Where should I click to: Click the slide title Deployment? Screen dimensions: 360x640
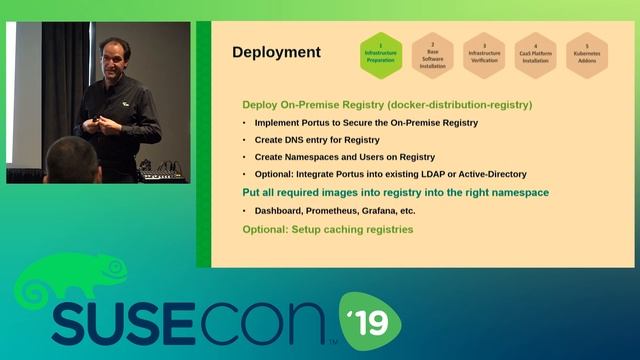pyautogui.click(x=276, y=52)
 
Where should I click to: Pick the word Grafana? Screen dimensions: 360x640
pyautogui.click(x=392, y=211)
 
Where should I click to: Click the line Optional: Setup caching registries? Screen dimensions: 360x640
pyautogui.click(x=328, y=229)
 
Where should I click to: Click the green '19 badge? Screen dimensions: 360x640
pyautogui.click(x=370, y=319)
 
